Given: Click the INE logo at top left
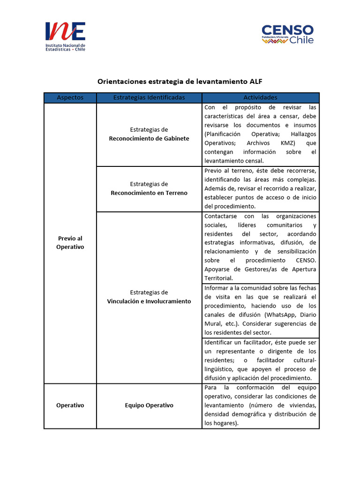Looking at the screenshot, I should (x=65, y=36).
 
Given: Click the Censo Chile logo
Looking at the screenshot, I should (x=287, y=34).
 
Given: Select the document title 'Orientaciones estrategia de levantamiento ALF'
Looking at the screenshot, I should (x=180, y=81).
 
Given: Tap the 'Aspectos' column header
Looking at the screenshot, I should (x=70, y=97).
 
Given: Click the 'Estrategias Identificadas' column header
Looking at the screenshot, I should (x=149, y=97).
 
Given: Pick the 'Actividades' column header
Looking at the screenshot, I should (x=260, y=97).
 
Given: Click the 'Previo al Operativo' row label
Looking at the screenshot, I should (x=70, y=242).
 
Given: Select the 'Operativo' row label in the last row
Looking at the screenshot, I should (x=70, y=405).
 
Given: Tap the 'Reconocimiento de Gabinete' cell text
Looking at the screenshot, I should (x=149, y=138).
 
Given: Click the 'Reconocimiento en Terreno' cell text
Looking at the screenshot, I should (x=149, y=193).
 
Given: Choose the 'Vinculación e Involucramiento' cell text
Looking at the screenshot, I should (x=149, y=301).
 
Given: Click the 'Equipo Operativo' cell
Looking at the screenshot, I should (x=149, y=405).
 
